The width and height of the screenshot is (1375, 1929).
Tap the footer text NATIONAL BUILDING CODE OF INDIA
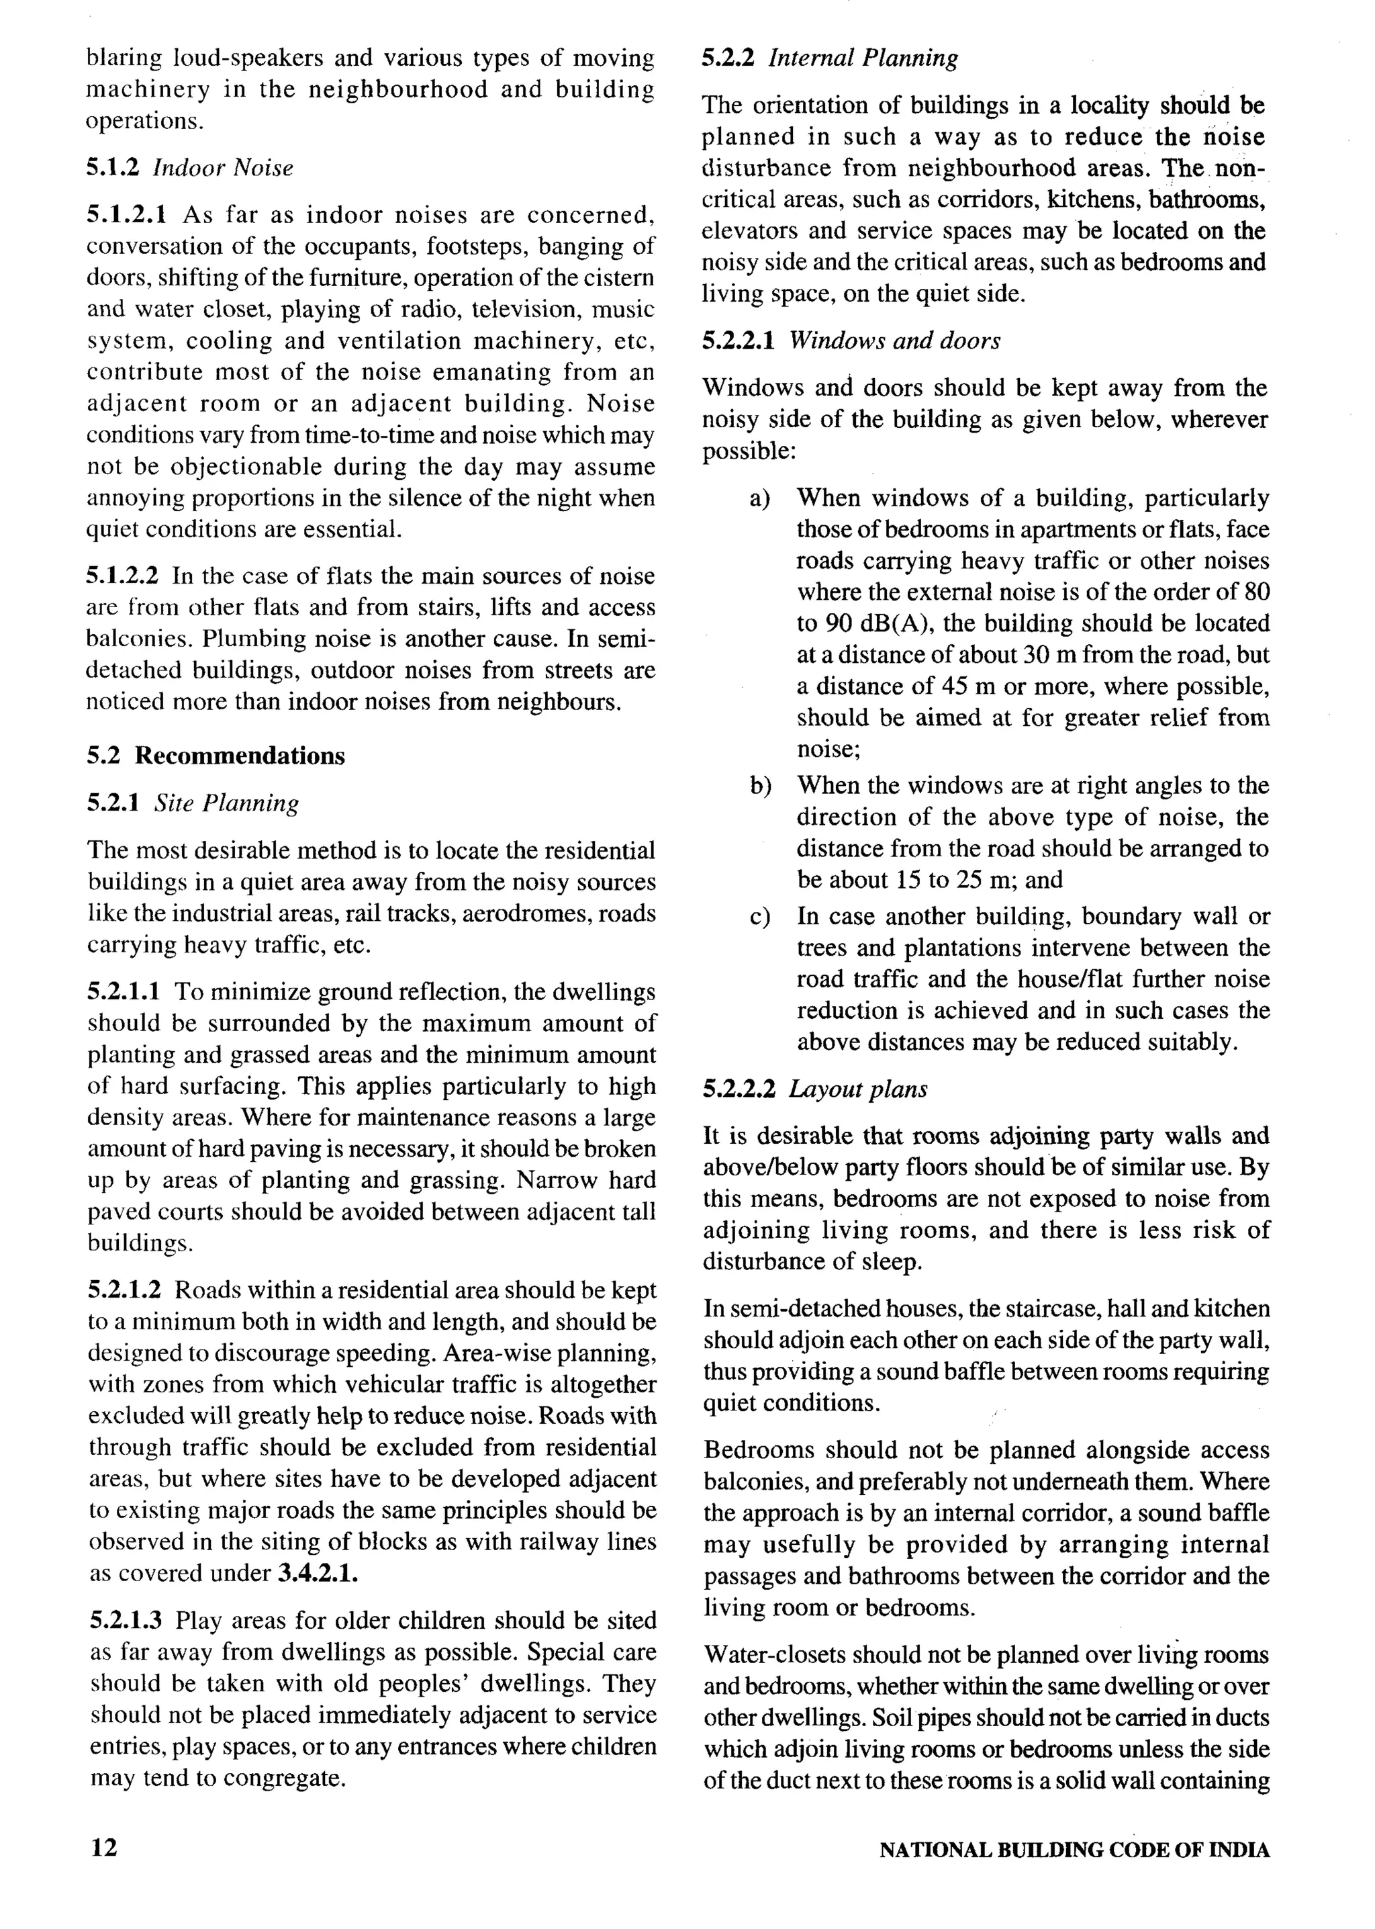1074,1850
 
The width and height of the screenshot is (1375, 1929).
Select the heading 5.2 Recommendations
216,756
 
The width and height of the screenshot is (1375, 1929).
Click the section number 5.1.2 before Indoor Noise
115,168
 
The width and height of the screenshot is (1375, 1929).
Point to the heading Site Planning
226,803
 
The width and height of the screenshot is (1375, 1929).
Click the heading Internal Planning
863,58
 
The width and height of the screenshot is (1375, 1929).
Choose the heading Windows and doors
894,341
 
